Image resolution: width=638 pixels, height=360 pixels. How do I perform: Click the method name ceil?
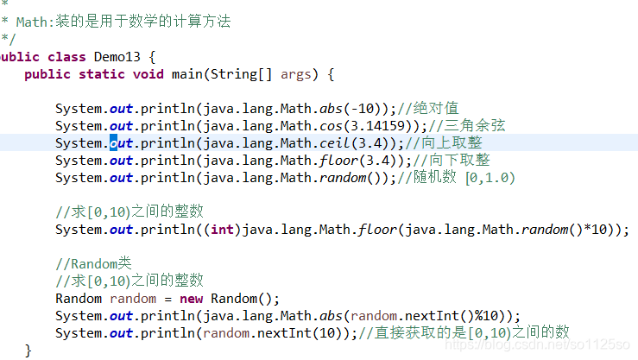(335, 143)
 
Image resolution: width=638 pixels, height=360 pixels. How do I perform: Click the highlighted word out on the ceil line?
(121, 143)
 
